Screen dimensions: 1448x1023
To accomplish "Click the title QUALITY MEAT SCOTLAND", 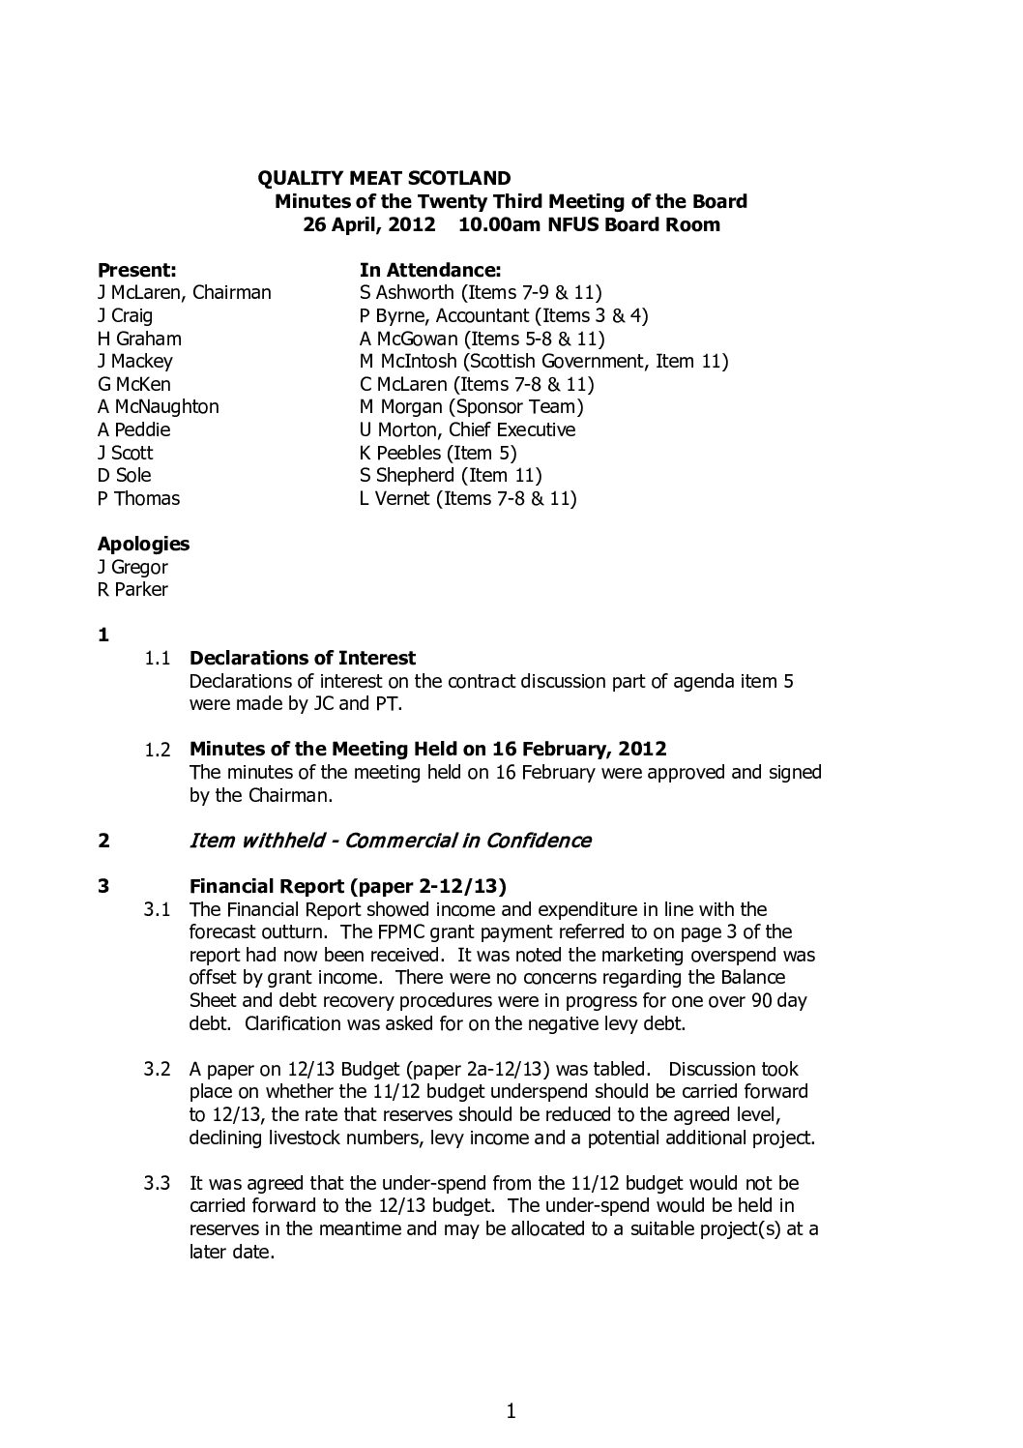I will click(384, 178).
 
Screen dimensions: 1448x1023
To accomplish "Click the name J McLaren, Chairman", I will click(184, 293).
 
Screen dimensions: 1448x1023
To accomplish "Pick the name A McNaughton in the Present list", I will click(158, 407).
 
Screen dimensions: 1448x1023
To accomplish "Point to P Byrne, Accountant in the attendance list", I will click(457, 316).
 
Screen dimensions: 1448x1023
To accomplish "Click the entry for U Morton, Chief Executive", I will click(467, 430).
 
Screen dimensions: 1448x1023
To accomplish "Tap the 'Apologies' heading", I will click(143, 545).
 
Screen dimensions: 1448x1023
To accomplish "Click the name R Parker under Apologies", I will click(132, 590).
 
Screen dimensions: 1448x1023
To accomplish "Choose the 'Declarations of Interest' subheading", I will click(303, 659).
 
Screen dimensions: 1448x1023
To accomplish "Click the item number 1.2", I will click(158, 750).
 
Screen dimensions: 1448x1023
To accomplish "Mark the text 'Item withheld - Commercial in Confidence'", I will click(390, 841).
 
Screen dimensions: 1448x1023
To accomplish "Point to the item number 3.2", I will click(158, 1070).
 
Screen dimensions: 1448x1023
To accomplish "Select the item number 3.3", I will click(158, 1183).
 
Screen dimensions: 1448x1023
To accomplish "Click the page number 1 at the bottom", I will click(511, 1412).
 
